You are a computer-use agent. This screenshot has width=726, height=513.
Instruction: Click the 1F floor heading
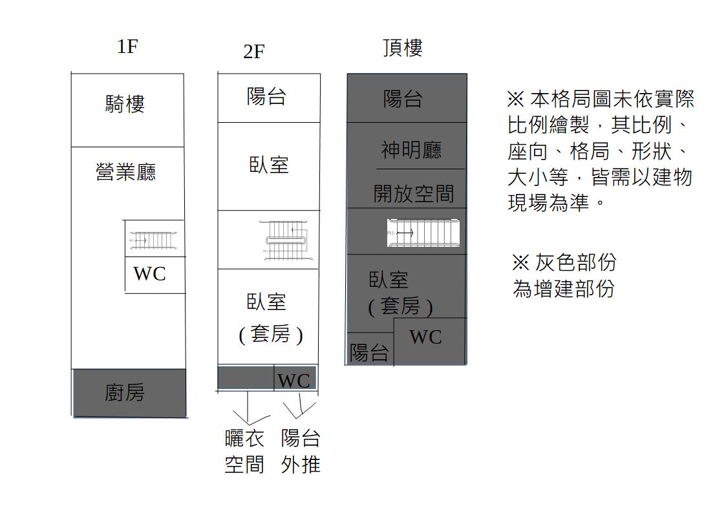click(127, 47)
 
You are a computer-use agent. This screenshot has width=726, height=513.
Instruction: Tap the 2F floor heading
click(253, 52)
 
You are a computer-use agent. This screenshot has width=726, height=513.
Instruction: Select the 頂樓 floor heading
click(402, 48)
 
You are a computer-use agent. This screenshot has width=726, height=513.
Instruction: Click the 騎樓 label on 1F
click(125, 103)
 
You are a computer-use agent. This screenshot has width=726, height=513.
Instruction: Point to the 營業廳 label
click(125, 172)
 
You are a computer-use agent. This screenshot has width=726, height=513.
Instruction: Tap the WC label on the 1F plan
click(149, 273)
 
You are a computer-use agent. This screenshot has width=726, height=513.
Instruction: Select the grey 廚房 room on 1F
click(129, 392)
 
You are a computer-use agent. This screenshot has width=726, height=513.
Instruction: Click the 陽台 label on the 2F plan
click(266, 97)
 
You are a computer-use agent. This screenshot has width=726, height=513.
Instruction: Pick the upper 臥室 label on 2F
click(268, 165)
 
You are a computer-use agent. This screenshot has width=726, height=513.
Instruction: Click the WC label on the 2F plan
click(294, 381)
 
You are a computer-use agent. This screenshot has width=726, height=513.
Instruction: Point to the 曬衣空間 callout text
click(244, 451)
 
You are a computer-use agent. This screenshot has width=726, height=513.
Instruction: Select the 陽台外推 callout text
click(301, 451)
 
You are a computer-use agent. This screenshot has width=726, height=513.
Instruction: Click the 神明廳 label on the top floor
click(411, 150)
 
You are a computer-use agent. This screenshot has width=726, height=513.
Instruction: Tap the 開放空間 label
click(414, 193)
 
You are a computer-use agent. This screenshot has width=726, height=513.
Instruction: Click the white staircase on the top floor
click(424, 233)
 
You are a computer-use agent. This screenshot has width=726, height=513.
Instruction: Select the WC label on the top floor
click(425, 337)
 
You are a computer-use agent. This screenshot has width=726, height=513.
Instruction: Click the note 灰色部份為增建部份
click(563, 275)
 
